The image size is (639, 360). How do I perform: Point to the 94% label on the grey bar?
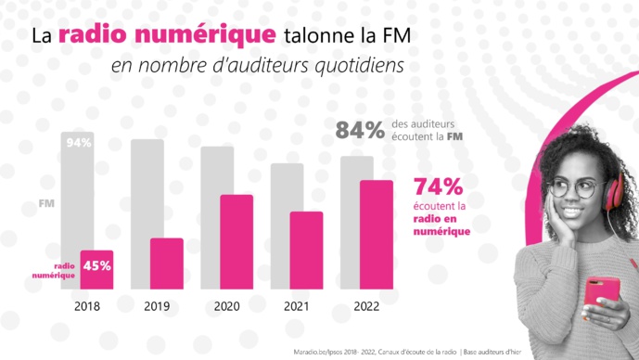(x=79, y=143)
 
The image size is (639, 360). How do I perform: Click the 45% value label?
(x=97, y=264)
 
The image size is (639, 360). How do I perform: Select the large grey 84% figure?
(x=360, y=132)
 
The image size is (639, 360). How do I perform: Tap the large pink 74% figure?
(x=439, y=185)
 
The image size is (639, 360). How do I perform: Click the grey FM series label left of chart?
(x=45, y=203)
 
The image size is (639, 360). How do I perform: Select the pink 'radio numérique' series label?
(x=53, y=270)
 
